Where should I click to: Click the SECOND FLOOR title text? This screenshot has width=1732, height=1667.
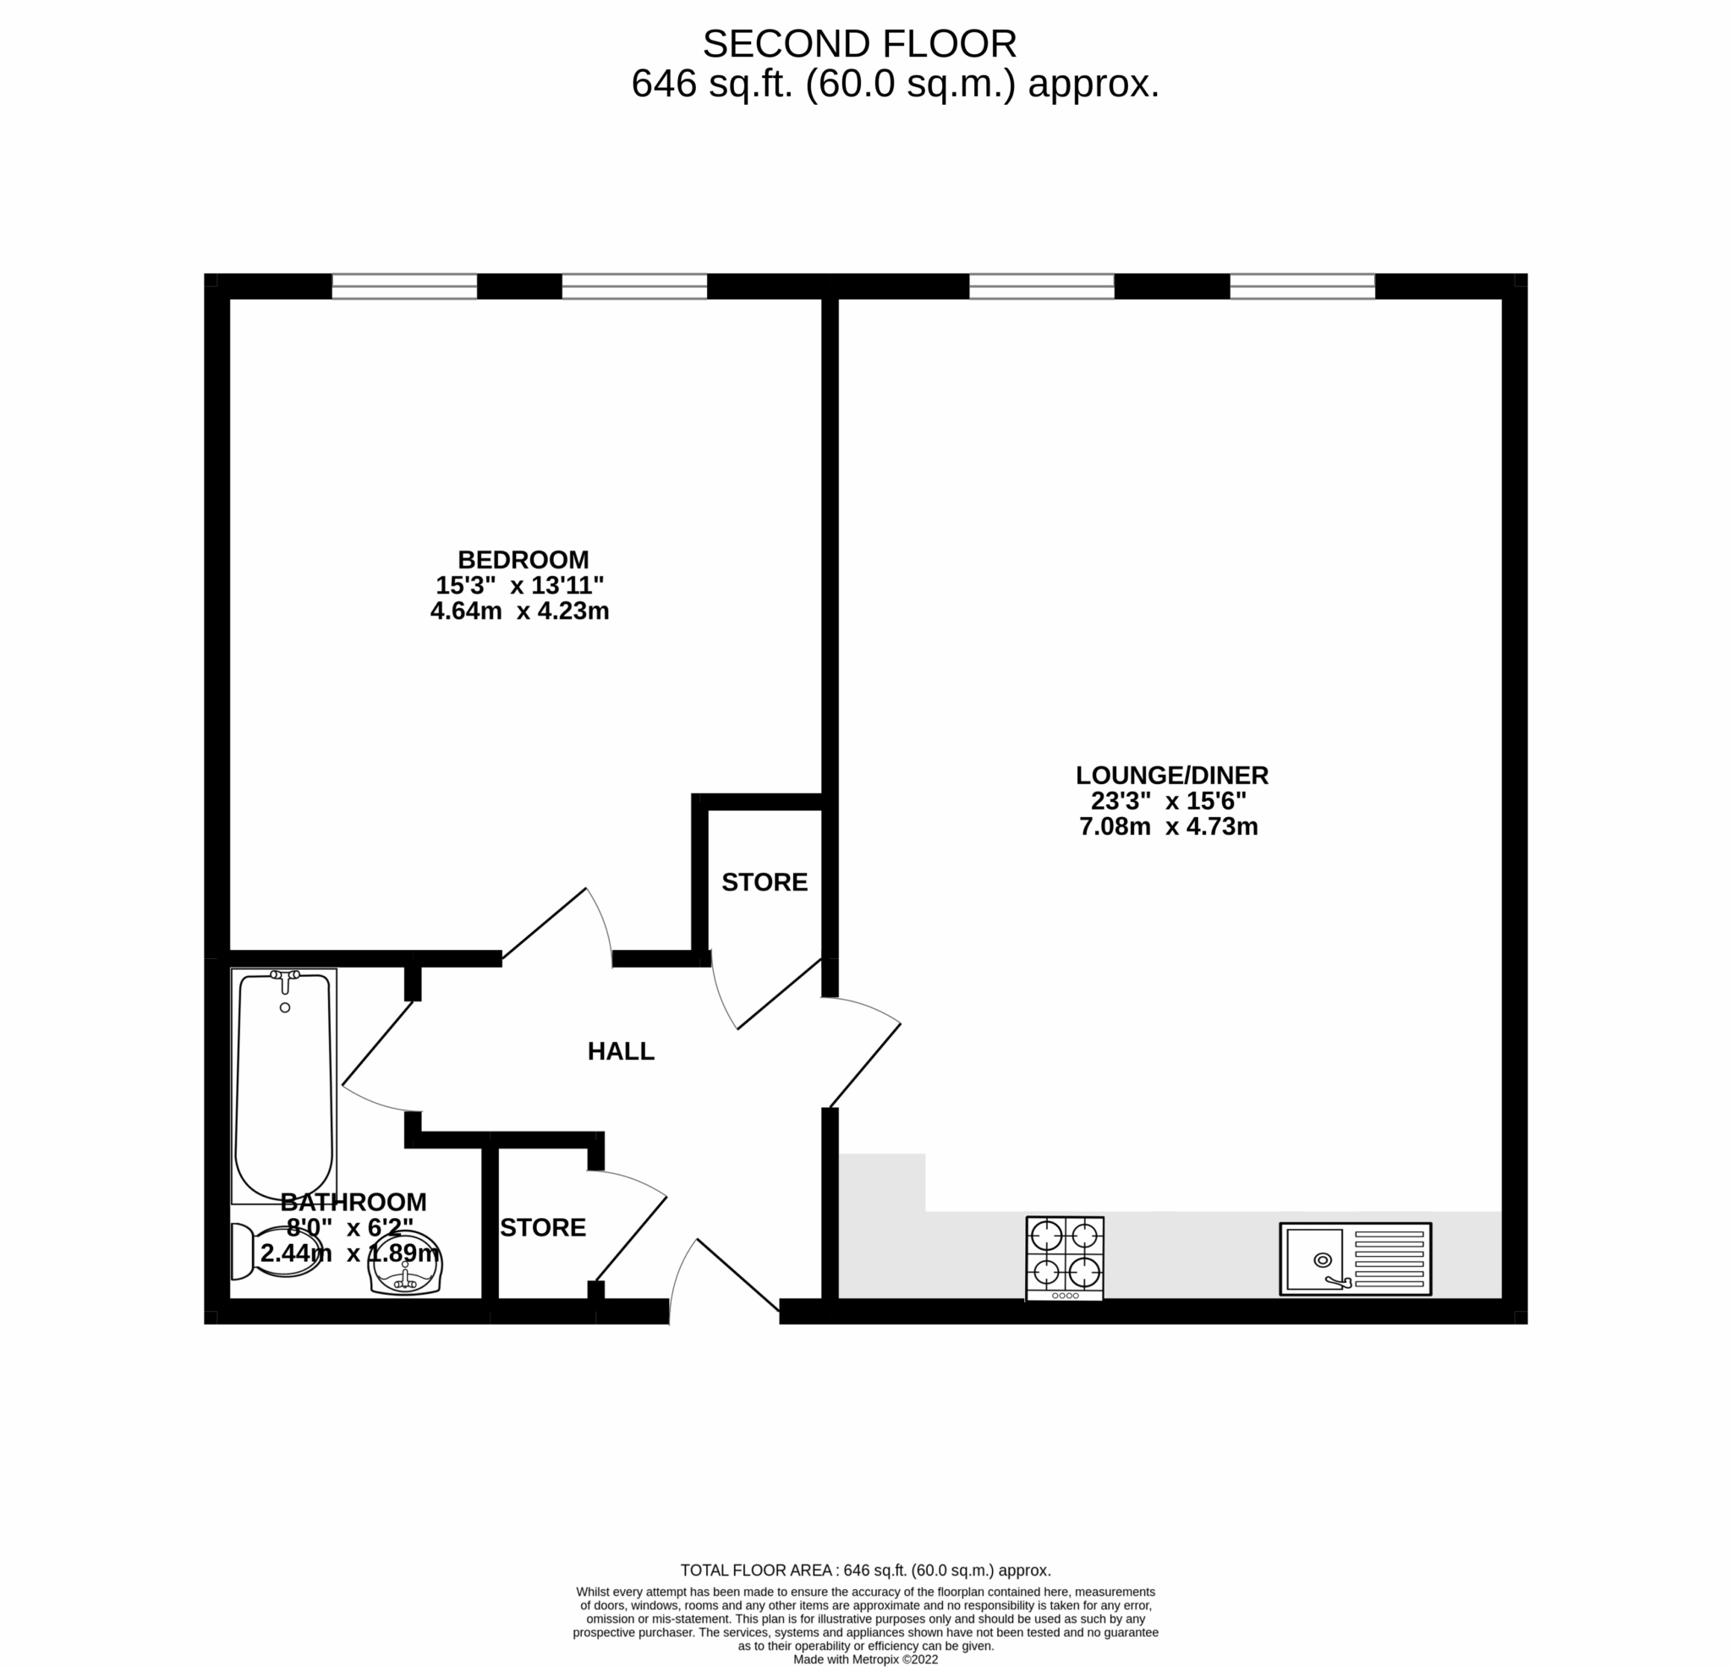pos(859,44)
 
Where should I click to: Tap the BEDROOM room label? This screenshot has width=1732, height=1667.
pos(523,560)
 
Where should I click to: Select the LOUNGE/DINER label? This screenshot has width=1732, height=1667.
pos(1172,776)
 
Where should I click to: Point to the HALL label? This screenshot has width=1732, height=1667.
pos(621,1051)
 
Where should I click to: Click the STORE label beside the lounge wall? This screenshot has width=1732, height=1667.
pos(765,882)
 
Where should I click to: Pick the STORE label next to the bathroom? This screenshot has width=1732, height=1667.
pos(543,1228)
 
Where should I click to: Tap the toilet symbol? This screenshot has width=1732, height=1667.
pos(274,1251)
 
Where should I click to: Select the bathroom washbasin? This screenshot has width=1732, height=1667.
pos(405,1264)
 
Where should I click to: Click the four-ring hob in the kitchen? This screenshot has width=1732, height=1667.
pos(1065,1258)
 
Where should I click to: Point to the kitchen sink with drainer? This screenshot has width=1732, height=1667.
pos(1355,1259)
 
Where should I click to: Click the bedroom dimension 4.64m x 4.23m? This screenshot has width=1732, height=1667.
pos(519,611)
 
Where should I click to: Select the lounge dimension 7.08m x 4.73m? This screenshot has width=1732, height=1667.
pos(1168,826)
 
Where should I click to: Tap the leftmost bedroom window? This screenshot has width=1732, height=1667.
pos(404,287)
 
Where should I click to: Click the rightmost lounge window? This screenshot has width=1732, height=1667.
pos(1302,287)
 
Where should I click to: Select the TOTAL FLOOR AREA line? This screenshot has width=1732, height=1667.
pos(865,1571)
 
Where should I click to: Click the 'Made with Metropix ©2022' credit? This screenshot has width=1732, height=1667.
pos(865,1659)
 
